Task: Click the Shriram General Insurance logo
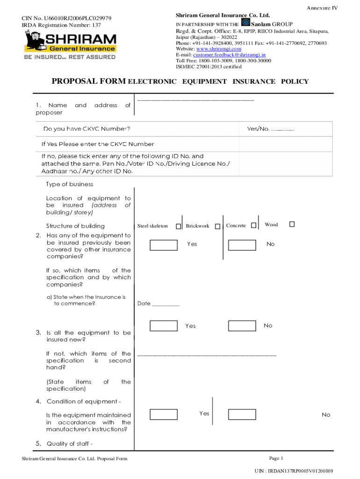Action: click(x=70, y=45)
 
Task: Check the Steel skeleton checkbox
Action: click(x=178, y=226)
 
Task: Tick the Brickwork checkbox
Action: click(x=217, y=226)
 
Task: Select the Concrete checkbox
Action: click(x=253, y=225)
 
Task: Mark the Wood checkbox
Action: click(x=292, y=225)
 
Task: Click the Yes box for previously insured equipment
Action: click(x=164, y=245)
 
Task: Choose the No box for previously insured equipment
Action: click(x=242, y=245)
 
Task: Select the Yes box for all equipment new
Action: click(x=164, y=326)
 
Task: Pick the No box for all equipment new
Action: click(x=242, y=326)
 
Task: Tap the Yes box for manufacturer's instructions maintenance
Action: click(x=164, y=414)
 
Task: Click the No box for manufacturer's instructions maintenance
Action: click(x=242, y=414)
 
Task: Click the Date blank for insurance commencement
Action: click(x=166, y=304)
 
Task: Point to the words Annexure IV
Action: click(x=322, y=8)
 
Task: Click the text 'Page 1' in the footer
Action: click(x=276, y=458)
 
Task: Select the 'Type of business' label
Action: click(x=70, y=184)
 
